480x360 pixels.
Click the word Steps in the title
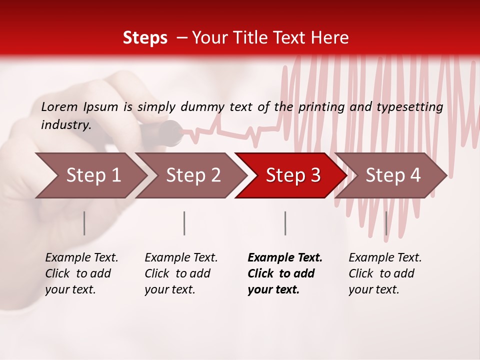145,38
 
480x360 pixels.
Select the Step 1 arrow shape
90,175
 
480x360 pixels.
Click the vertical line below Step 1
84,223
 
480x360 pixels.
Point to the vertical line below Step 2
184,223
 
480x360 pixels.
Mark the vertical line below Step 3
285,223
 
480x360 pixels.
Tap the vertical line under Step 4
386,223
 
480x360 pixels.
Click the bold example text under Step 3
285,273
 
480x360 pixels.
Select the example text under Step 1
81,273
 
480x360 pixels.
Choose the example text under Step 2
181,273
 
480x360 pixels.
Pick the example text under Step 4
385,273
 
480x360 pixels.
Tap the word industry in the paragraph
65,125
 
